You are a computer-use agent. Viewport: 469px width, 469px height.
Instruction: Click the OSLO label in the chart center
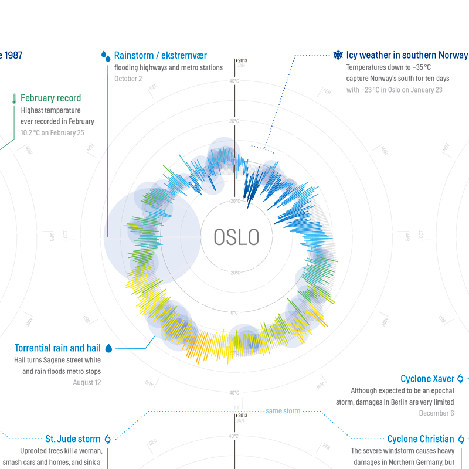pyautogui.click(x=236, y=237)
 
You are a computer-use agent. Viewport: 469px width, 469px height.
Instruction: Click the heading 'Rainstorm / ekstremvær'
pyautogui.click(x=161, y=55)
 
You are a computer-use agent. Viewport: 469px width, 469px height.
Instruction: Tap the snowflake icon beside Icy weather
pyautogui.click(x=338, y=55)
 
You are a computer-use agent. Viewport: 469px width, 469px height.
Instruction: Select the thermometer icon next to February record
pyautogui.click(x=14, y=98)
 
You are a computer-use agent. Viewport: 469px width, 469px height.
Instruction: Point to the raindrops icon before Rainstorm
pyautogui.click(x=106, y=56)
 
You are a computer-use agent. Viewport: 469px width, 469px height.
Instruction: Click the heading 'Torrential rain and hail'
pyautogui.click(x=58, y=348)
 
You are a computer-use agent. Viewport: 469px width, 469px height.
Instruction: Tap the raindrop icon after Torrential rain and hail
pyautogui.click(x=108, y=348)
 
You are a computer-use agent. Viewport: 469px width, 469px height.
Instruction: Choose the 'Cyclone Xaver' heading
pyautogui.click(x=427, y=379)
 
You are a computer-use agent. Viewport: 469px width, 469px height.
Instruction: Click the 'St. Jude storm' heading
pyautogui.click(x=73, y=439)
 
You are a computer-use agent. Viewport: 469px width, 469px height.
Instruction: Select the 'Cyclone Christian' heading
pyautogui.click(x=420, y=439)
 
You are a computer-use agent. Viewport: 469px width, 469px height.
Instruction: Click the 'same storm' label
pyautogui.click(x=283, y=411)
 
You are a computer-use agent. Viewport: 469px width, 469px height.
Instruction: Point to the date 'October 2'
pyautogui.click(x=128, y=79)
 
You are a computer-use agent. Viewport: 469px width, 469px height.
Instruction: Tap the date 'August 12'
pyautogui.click(x=87, y=382)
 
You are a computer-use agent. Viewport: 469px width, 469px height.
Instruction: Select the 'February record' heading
pyautogui.click(x=50, y=98)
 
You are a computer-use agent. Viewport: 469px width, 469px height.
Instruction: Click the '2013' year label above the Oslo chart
pyautogui.click(x=242, y=60)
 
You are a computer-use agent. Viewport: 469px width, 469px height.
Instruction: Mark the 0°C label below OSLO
pyautogui.click(x=235, y=312)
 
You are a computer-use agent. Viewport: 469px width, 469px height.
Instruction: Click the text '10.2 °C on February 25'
pyautogui.click(x=52, y=133)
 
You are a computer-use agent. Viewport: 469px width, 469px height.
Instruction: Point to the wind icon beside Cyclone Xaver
pyautogui.click(x=460, y=379)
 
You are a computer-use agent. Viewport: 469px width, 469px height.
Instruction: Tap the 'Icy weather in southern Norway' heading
pyautogui.click(x=407, y=55)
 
